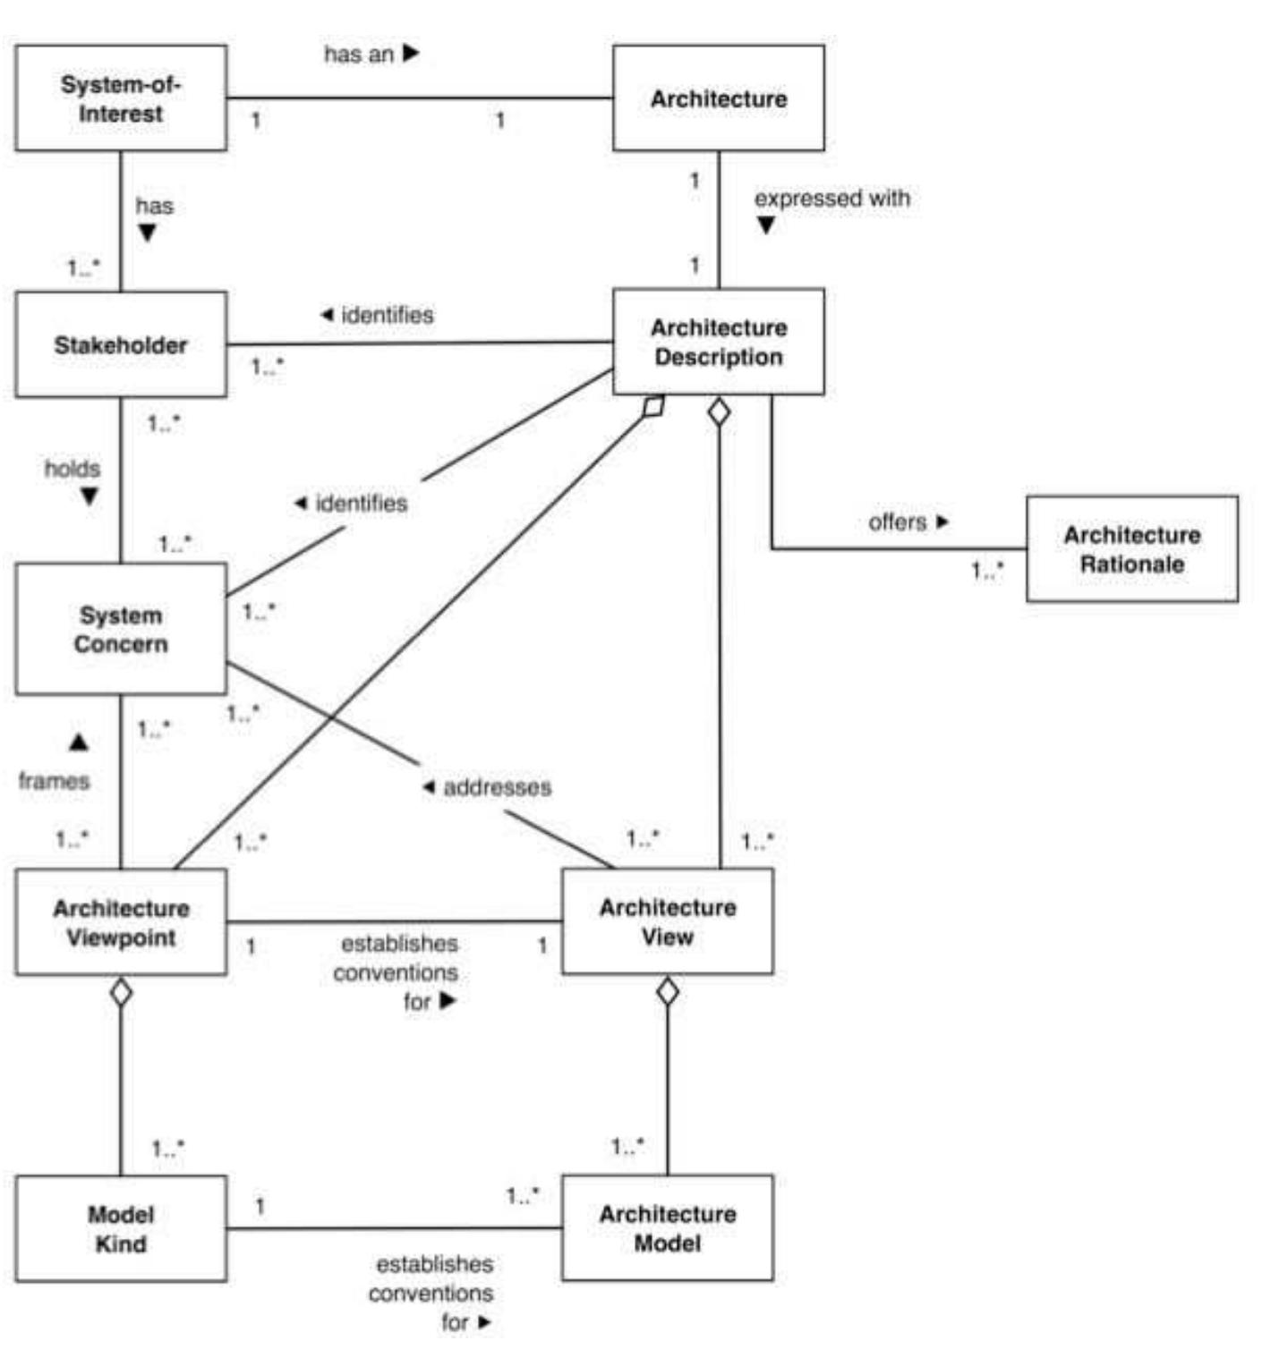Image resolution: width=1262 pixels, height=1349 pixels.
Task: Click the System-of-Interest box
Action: click(121, 98)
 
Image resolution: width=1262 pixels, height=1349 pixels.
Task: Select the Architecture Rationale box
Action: click(1131, 549)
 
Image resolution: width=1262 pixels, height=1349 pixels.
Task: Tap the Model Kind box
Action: click(121, 1228)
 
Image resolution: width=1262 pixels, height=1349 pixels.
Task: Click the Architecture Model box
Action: click(667, 1228)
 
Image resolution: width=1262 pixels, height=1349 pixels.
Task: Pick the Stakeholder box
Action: click(121, 344)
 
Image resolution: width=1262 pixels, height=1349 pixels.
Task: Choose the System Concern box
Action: click(121, 629)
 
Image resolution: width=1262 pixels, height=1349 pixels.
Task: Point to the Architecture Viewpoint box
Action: click(121, 922)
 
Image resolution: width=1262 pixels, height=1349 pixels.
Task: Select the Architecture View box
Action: click(667, 921)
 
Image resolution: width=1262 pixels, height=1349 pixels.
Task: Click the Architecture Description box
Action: click(718, 342)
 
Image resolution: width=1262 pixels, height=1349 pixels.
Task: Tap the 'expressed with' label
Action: click(831, 199)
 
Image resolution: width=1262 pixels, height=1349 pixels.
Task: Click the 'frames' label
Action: click(55, 781)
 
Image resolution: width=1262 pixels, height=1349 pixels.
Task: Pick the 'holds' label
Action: click(72, 469)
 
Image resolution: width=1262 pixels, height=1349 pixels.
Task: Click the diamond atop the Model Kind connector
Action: click(121, 991)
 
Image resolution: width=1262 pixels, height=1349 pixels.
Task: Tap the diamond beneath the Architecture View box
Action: click(668, 991)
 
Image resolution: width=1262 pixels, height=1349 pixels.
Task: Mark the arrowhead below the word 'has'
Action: click(148, 233)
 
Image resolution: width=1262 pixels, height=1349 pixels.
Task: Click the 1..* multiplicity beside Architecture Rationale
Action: click(987, 570)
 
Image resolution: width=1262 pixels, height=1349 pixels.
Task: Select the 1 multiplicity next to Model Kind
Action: click(260, 1206)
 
